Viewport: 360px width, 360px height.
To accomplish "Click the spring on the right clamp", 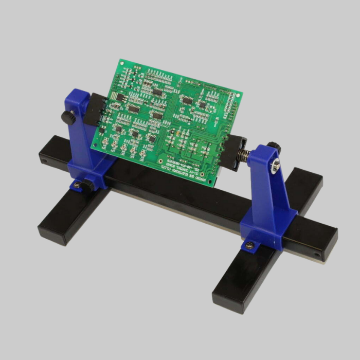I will (x=243, y=154).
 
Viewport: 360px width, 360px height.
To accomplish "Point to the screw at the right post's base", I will (x=249, y=245).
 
